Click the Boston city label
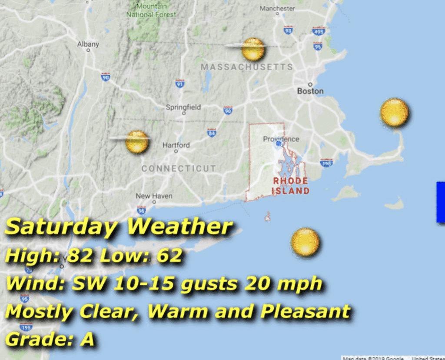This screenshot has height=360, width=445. [x=310, y=91]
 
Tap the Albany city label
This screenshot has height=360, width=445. [x=88, y=44]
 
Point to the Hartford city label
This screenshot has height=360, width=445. [x=176, y=145]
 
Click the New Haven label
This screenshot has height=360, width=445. [x=154, y=196]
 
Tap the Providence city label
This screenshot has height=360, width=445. [x=281, y=139]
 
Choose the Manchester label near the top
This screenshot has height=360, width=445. [x=277, y=8]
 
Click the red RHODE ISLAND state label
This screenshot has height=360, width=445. [x=291, y=186]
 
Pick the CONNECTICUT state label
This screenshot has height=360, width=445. [x=179, y=168]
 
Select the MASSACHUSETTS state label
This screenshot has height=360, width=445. [x=246, y=67]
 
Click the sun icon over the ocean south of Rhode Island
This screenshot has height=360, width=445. [x=305, y=241]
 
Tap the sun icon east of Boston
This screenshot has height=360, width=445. [x=394, y=113]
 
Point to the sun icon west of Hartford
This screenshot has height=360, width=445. [x=137, y=141]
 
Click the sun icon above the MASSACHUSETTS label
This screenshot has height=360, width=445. [x=253, y=49]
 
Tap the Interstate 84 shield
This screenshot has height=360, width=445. [x=212, y=132]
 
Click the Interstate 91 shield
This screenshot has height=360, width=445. [x=179, y=83]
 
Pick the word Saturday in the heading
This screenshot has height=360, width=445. [x=61, y=227]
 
